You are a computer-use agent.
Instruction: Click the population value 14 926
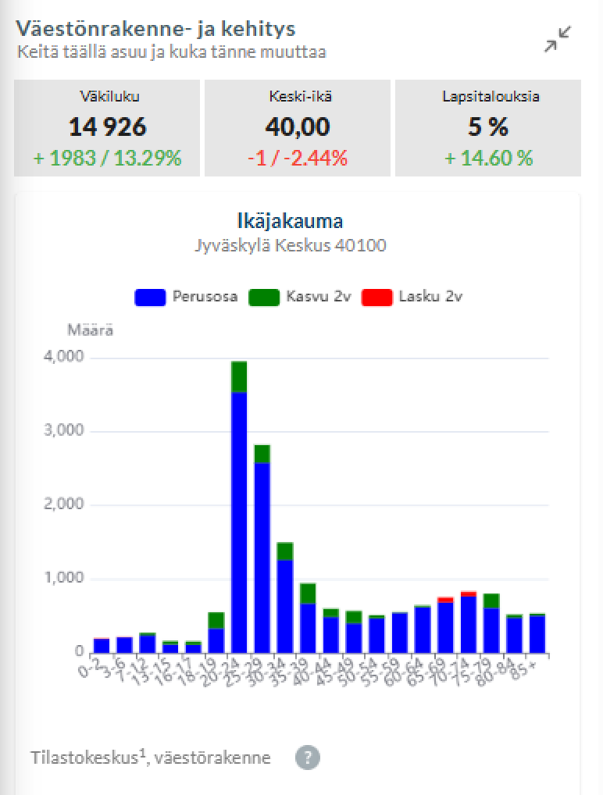pos(107,126)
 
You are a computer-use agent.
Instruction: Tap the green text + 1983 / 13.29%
pos(107,158)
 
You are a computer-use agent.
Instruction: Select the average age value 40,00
pos(298,126)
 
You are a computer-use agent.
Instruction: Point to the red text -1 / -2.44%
pos(298,158)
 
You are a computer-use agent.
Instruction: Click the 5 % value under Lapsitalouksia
pos(489,126)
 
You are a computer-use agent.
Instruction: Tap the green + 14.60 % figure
pos(489,158)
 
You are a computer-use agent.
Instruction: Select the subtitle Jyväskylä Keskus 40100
pos(290,245)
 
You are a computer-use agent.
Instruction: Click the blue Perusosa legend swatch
pos(150,297)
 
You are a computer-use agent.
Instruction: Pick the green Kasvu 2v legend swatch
pos(263,297)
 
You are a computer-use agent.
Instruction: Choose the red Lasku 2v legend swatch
pos(376,297)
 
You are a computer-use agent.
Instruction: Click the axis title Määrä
pos(90,330)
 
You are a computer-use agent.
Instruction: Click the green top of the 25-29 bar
pos(262,454)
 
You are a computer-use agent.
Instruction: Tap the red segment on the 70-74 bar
pos(469,594)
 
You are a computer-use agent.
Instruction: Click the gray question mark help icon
pos(308,757)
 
